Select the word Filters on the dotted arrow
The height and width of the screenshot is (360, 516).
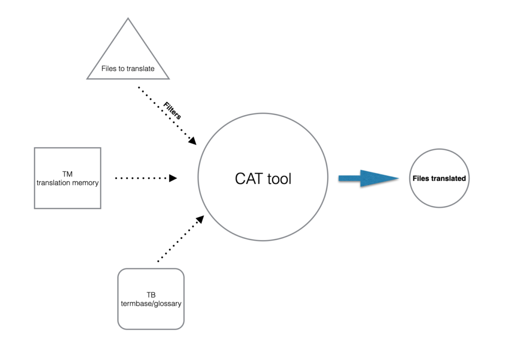click(172, 111)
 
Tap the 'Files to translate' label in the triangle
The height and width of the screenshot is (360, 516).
click(128, 69)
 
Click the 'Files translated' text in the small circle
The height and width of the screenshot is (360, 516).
click(439, 178)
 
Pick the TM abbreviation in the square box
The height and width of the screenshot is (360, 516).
click(68, 174)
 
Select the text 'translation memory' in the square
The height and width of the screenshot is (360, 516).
click(68, 183)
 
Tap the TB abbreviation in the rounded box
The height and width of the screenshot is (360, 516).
click(151, 295)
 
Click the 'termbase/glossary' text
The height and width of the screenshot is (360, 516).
click(151, 304)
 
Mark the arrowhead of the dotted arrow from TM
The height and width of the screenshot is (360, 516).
click(173, 178)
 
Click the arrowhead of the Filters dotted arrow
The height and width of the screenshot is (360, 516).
click(192, 141)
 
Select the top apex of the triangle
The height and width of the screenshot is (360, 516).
click(128, 19)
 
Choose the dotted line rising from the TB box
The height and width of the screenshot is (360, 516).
click(176, 242)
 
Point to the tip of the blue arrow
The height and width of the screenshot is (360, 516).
click(398, 178)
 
